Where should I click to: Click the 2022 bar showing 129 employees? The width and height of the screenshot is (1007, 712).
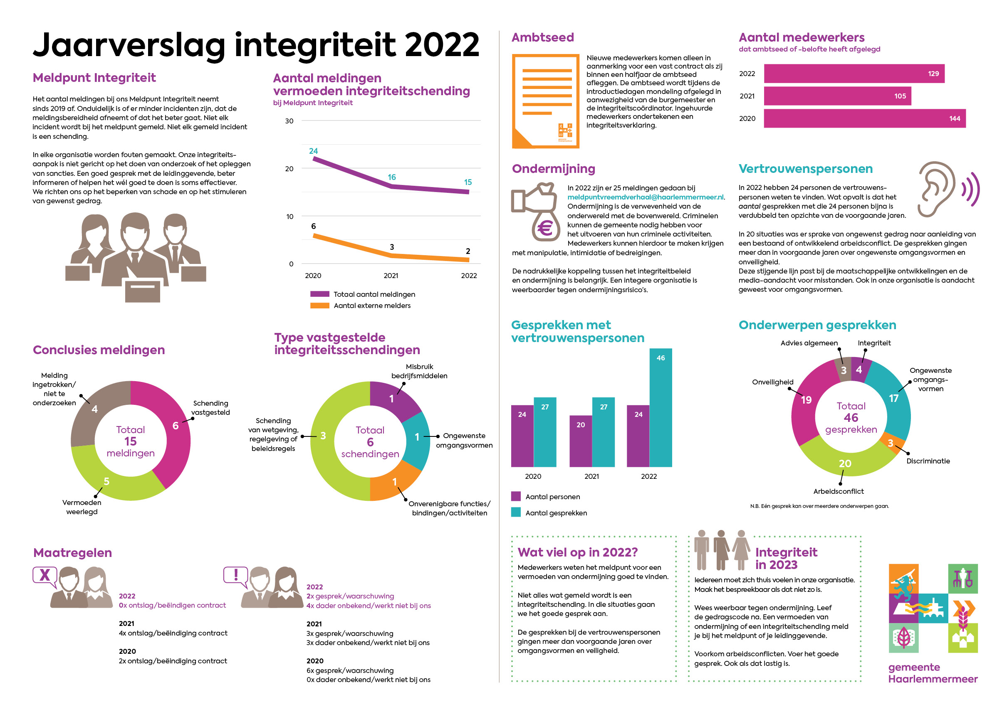pyautogui.click(x=854, y=74)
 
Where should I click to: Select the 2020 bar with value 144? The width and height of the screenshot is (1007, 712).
pyautogui.click(x=864, y=118)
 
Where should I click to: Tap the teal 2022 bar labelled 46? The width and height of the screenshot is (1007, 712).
pyautogui.click(x=661, y=408)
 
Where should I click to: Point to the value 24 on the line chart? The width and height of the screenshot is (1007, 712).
pyautogui.click(x=313, y=151)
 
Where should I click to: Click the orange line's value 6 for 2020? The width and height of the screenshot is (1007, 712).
pyautogui.click(x=313, y=226)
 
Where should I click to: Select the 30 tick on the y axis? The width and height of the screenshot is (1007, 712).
pyautogui.click(x=289, y=121)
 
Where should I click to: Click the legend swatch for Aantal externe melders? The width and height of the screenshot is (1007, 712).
pyautogui.click(x=319, y=305)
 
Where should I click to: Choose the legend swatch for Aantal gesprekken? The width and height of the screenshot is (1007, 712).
pyautogui.click(x=516, y=512)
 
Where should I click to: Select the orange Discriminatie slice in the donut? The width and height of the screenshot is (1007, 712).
pyautogui.click(x=891, y=443)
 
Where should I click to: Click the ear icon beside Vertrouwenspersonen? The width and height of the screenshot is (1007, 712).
pyautogui.click(x=937, y=189)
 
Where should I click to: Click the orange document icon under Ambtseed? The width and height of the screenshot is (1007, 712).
pyautogui.click(x=545, y=101)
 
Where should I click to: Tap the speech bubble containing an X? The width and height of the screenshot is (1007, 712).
pyautogui.click(x=45, y=576)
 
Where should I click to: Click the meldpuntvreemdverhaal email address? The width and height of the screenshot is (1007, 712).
pyautogui.click(x=646, y=197)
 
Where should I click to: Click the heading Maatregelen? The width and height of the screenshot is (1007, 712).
pyautogui.click(x=72, y=553)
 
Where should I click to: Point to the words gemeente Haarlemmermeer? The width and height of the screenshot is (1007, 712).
pyautogui.click(x=933, y=673)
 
